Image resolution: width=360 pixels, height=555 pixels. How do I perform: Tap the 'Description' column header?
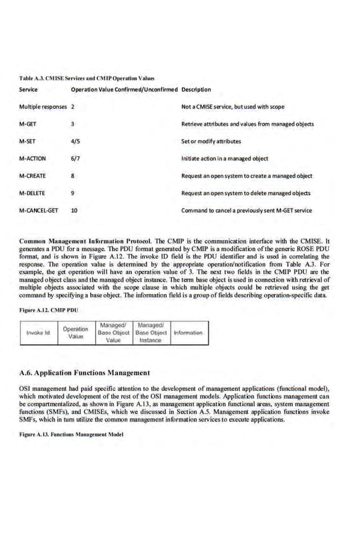(x=196, y=89)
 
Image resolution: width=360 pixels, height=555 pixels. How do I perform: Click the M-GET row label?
(x=28, y=124)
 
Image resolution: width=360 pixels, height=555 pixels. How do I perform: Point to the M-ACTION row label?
(x=32, y=159)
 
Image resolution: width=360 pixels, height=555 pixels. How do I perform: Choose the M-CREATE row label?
(x=32, y=176)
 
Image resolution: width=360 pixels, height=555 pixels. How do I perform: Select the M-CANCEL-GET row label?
(x=38, y=211)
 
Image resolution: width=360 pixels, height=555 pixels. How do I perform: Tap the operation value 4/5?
(x=75, y=141)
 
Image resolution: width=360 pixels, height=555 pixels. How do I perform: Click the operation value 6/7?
(x=75, y=159)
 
